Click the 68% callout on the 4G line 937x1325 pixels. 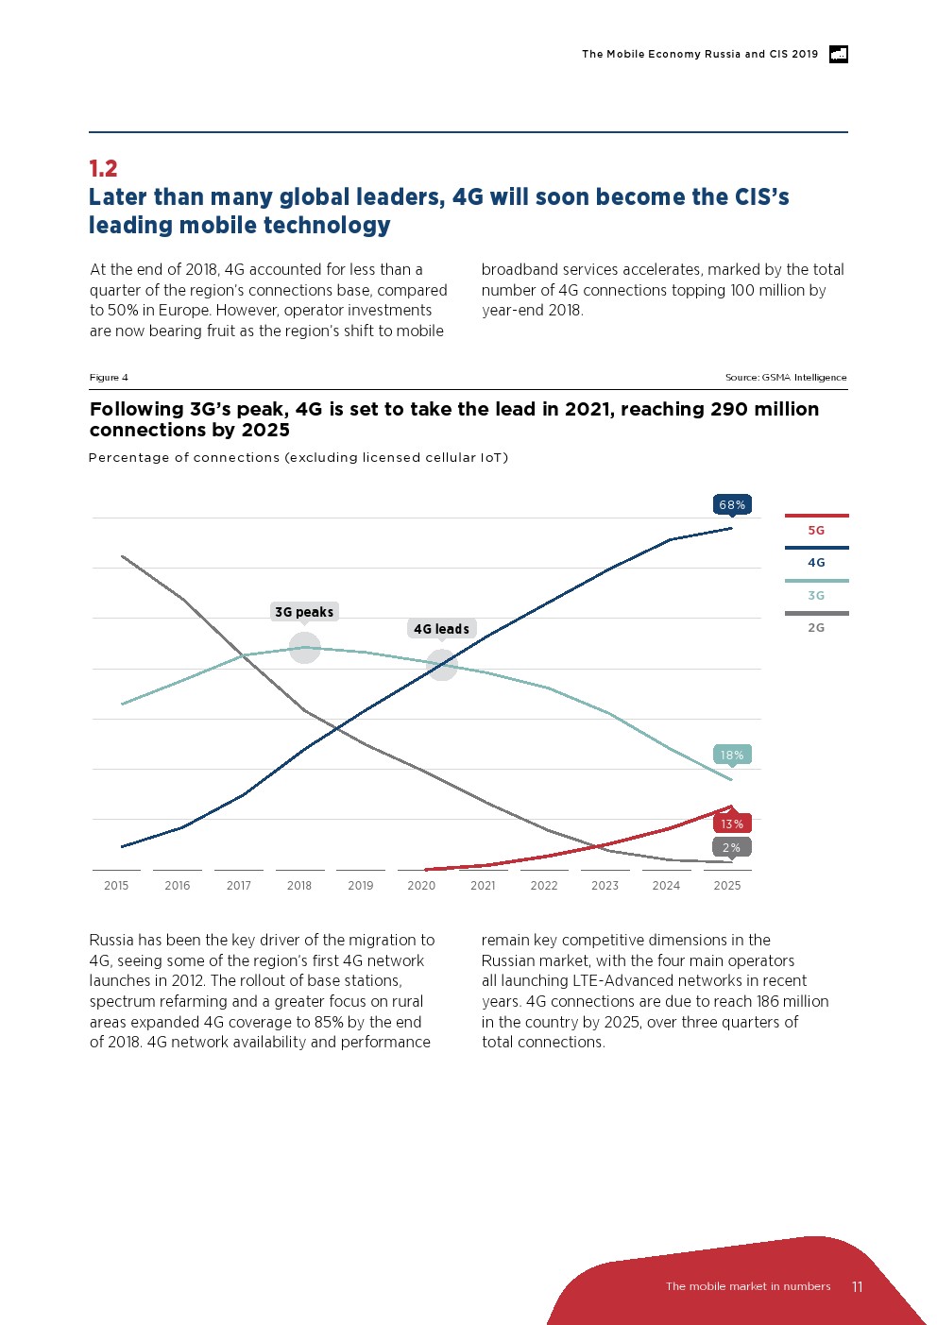click(732, 505)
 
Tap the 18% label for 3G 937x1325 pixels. click(732, 755)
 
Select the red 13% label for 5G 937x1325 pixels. click(732, 824)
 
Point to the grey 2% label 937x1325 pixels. click(732, 847)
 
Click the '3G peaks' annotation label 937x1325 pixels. click(304, 612)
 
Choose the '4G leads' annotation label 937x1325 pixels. click(441, 629)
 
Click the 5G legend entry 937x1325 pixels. click(816, 530)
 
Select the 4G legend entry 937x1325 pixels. click(816, 562)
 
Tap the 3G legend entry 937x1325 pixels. click(816, 595)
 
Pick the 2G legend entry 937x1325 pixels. click(816, 627)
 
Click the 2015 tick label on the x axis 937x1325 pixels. click(116, 886)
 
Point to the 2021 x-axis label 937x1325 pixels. click(483, 886)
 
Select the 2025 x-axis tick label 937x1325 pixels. click(727, 886)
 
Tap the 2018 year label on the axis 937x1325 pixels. click(299, 886)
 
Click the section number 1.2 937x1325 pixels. click(103, 169)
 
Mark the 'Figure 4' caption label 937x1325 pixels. click(109, 378)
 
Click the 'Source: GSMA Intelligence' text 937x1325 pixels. click(786, 378)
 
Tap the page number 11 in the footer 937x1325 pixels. click(857, 1286)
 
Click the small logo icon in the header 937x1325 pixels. click(838, 54)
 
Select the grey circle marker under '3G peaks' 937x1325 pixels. click(304, 648)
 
